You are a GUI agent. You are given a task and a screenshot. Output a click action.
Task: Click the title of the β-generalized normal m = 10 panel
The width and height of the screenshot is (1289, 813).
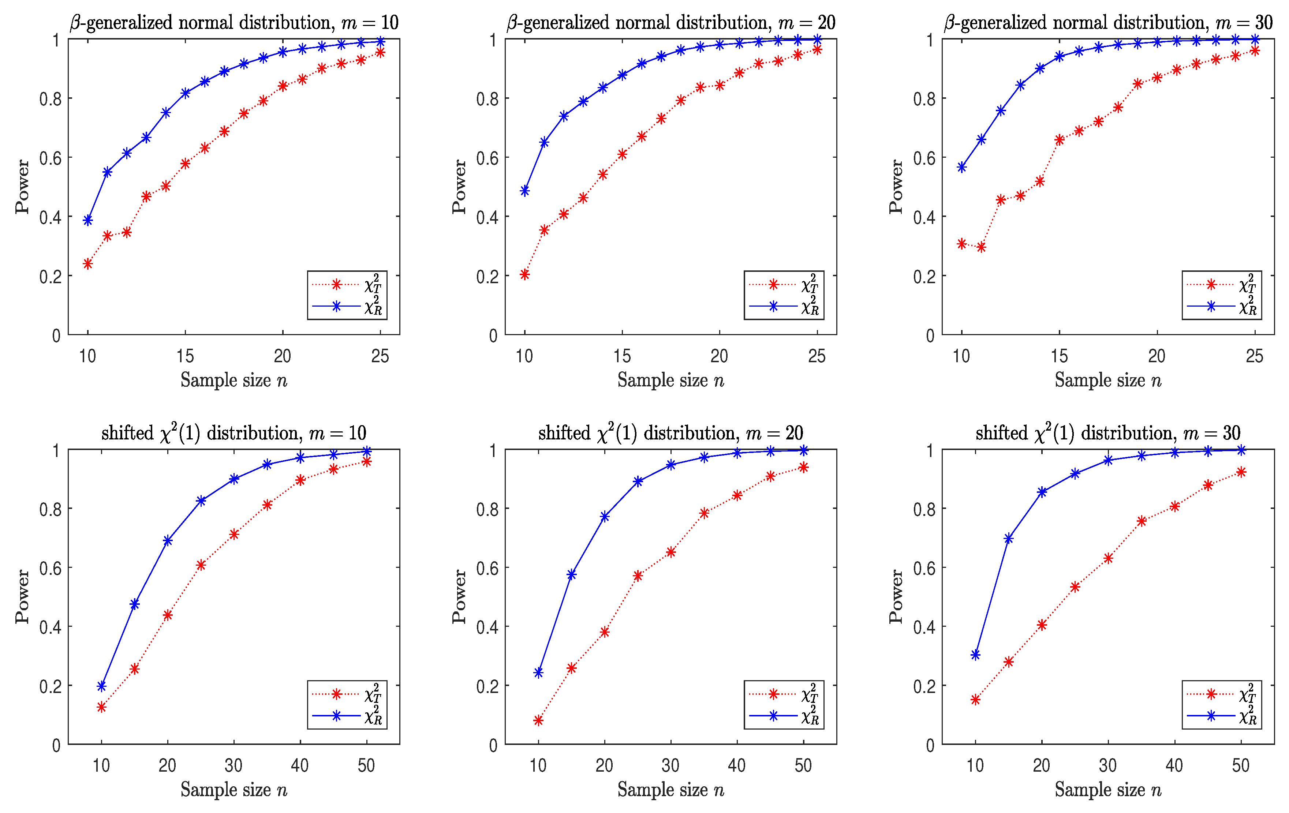pyautogui.click(x=234, y=22)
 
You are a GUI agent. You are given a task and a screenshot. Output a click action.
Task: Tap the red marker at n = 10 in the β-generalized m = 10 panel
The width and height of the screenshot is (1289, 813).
pyautogui.click(x=88, y=264)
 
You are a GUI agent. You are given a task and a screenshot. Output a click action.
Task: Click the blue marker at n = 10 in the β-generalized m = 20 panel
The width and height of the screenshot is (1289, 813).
pyautogui.click(x=524, y=191)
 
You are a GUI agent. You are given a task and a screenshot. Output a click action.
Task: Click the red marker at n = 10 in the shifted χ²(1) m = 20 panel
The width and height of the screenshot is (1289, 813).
pyautogui.click(x=538, y=720)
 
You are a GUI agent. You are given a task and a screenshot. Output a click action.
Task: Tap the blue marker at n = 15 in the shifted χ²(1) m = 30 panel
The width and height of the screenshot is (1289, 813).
pyautogui.click(x=1009, y=539)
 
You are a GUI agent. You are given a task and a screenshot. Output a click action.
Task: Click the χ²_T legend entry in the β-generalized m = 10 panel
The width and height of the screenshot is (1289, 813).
pyautogui.click(x=347, y=284)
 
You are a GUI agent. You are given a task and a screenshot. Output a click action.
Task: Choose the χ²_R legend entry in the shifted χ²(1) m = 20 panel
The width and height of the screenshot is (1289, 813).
pyautogui.click(x=784, y=716)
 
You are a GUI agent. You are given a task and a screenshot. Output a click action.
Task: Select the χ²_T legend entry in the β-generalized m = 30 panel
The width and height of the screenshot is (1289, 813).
pyautogui.click(x=1222, y=284)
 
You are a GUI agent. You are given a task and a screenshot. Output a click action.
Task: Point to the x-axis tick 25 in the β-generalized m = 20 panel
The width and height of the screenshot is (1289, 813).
pyautogui.click(x=817, y=356)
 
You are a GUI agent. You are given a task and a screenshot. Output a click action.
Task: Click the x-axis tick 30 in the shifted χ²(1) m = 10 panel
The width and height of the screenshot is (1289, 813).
pyautogui.click(x=234, y=765)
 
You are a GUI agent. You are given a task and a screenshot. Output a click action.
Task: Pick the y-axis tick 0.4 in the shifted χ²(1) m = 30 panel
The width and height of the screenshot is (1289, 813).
pyautogui.click(x=924, y=627)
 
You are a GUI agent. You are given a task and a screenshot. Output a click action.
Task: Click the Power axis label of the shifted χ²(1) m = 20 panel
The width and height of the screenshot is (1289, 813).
pyautogui.click(x=459, y=596)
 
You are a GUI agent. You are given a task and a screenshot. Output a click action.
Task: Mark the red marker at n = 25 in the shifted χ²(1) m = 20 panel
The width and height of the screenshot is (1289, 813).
pyautogui.click(x=638, y=576)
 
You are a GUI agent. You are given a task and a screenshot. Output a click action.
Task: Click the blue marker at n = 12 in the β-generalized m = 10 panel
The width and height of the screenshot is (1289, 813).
pyautogui.click(x=127, y=153)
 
